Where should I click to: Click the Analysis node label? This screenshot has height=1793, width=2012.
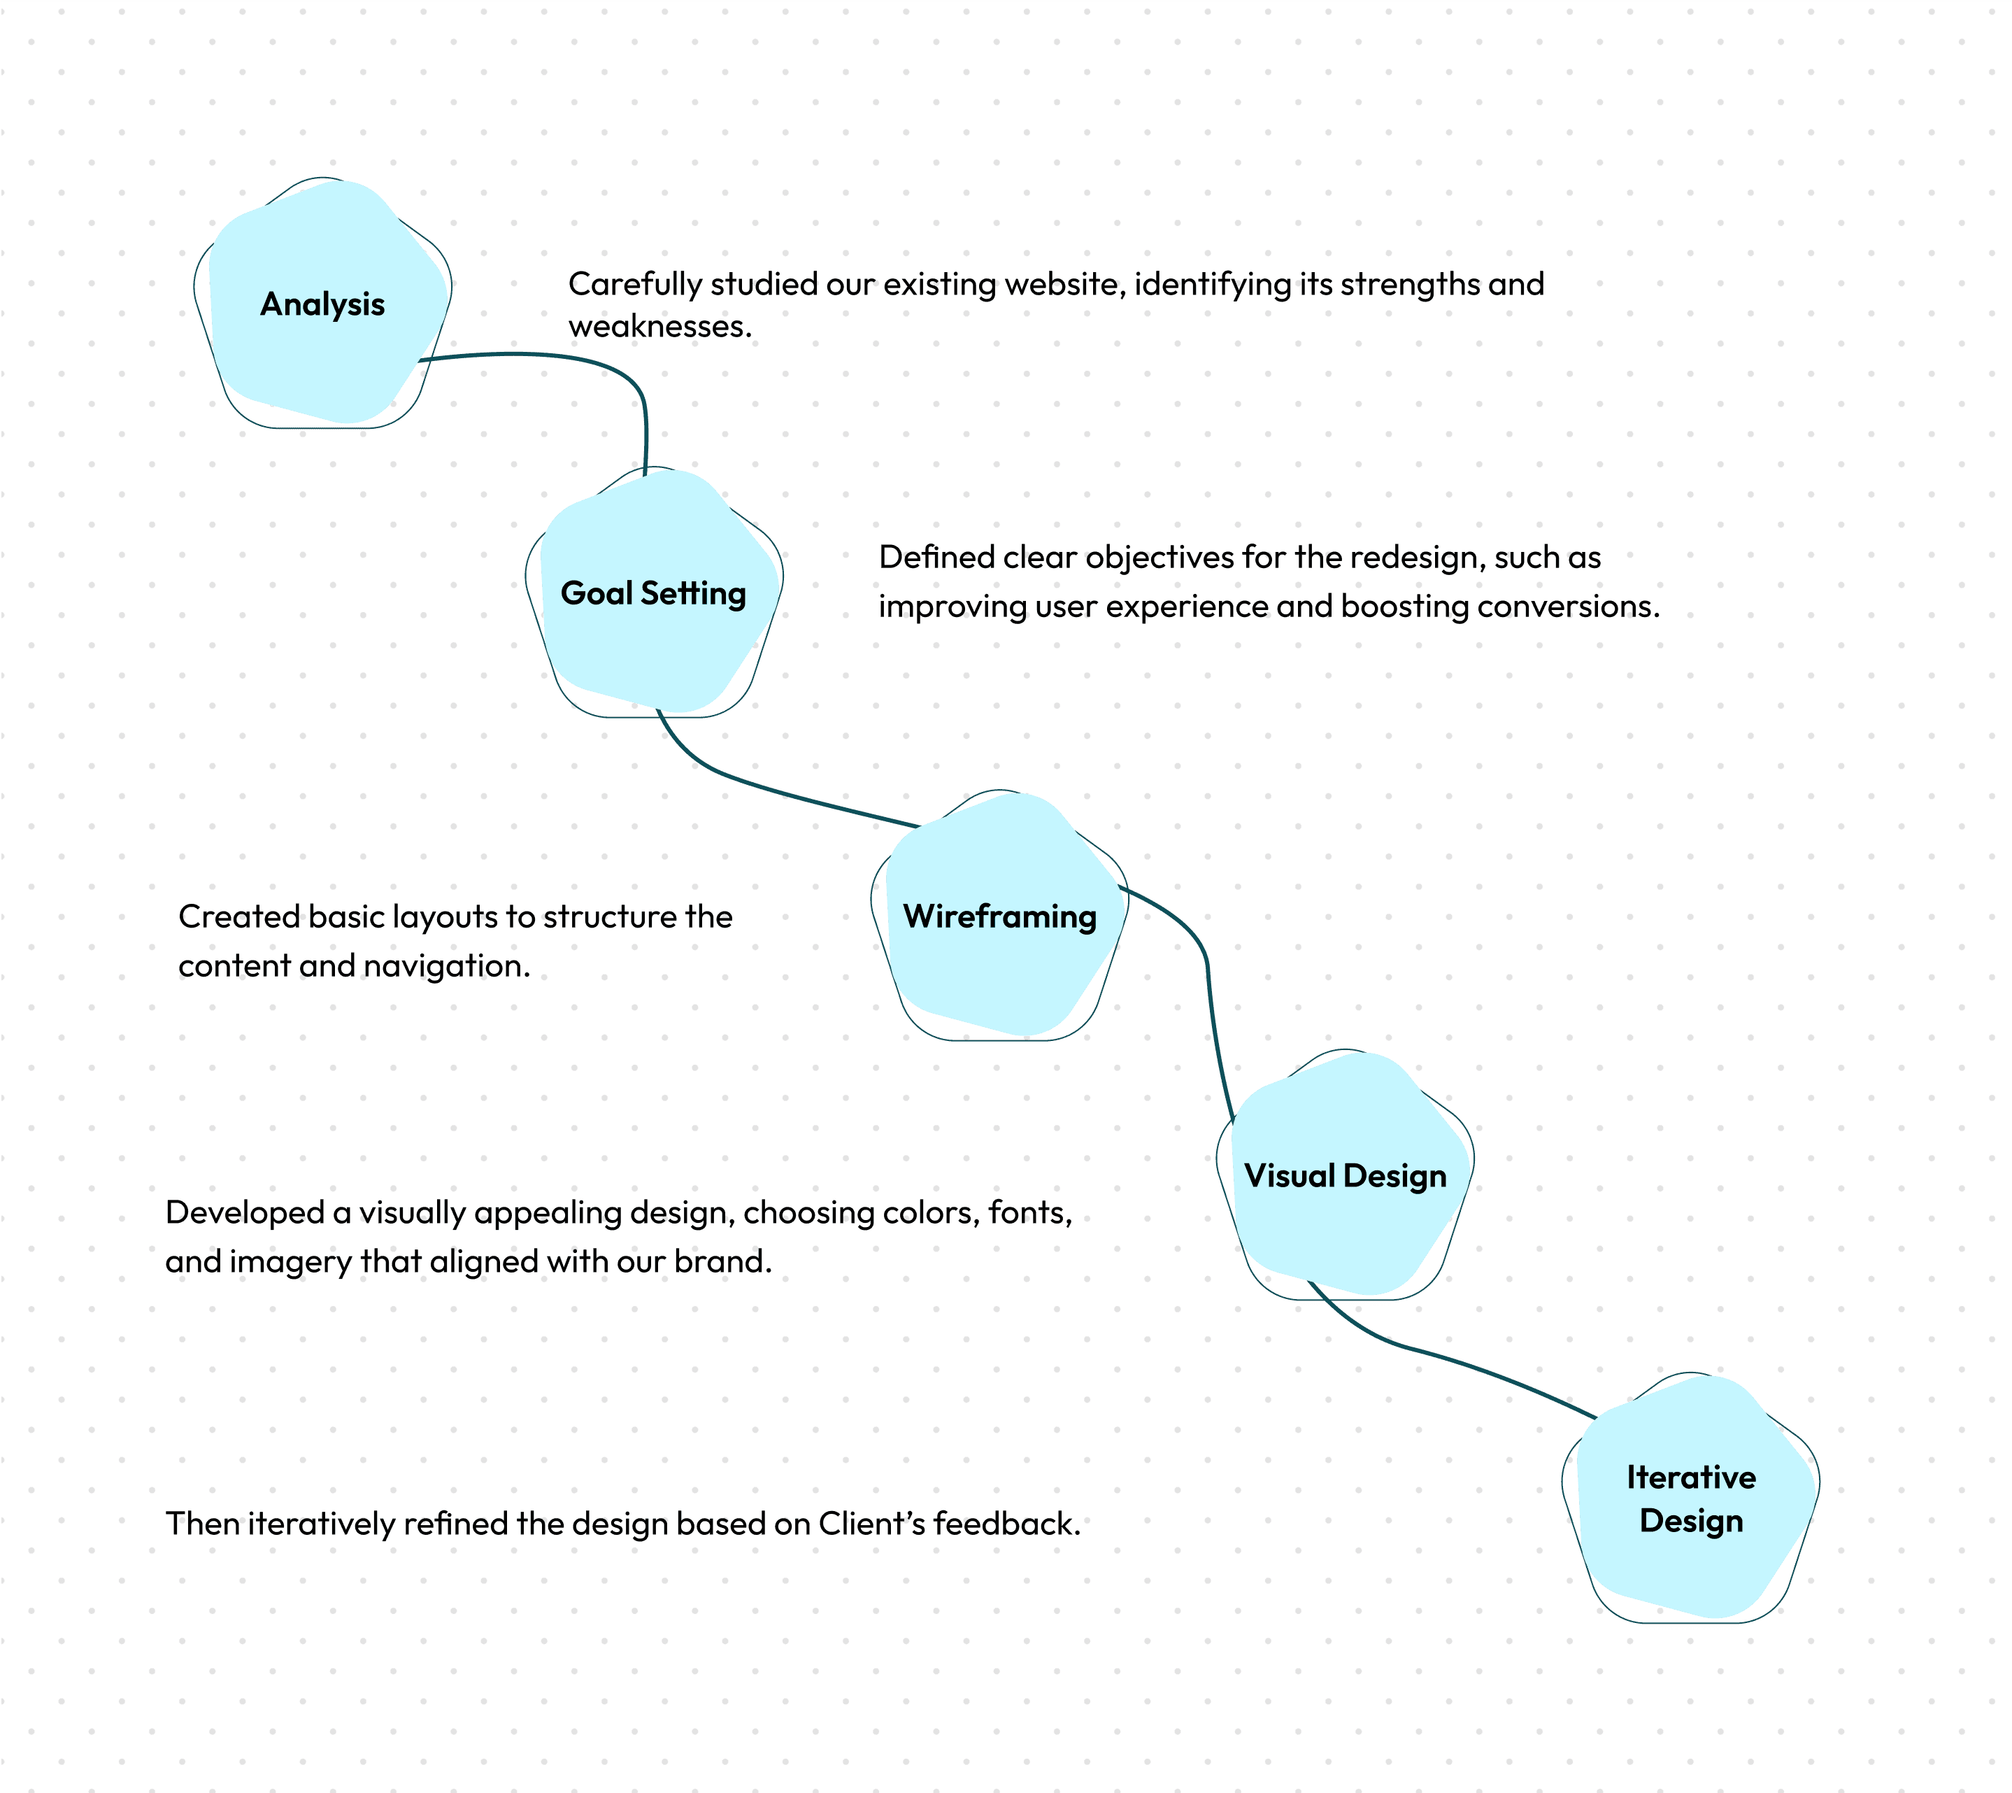point(322,304)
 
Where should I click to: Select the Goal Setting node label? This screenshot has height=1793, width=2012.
point(653,594)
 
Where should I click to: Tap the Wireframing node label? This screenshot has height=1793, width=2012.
point(999,917)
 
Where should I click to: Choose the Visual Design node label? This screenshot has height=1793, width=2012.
point(1346,1176)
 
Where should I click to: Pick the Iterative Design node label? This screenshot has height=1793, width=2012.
point(1691,1499)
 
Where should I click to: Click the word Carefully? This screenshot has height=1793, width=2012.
point(635,285)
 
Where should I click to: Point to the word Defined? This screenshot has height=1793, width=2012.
point(936,558)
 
